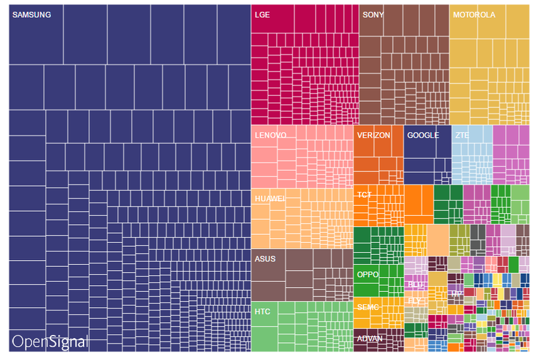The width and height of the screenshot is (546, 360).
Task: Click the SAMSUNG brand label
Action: [x=32, y=15]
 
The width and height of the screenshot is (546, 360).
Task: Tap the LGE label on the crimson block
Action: [x=262, y=15]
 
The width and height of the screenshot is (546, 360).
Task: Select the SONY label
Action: [x=373, y=15]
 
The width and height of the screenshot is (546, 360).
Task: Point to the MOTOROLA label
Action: [x=474, y=15]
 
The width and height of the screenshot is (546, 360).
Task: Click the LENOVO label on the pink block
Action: [x=271, y=135]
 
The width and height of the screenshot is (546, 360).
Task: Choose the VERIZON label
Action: [x=373, y=135]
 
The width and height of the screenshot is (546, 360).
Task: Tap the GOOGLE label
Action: [x=423, y=135]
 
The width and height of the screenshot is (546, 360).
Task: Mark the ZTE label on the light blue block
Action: [x=461, y=135]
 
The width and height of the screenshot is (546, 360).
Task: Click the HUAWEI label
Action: [x=269, y=198]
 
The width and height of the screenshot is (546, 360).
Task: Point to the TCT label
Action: [x=364, y=195]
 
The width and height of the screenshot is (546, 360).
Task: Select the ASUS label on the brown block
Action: [x=265, y=259]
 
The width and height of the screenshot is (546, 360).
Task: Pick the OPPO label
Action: [x=367, y=274]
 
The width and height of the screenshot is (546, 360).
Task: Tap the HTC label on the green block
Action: [x=262, y=310]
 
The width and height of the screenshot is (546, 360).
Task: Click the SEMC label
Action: [x=367, y=307]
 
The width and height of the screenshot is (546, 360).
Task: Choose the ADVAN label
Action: [x=369, y=338]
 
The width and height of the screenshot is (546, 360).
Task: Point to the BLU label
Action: [x=415, y=284]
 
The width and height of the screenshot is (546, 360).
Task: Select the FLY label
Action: [x=414, y=300]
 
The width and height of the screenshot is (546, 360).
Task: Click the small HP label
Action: [x=456, y=293]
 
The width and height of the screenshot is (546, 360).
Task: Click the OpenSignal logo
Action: [x=50, y=341]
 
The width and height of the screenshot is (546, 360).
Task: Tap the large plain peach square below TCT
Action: [x=437, y=240]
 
